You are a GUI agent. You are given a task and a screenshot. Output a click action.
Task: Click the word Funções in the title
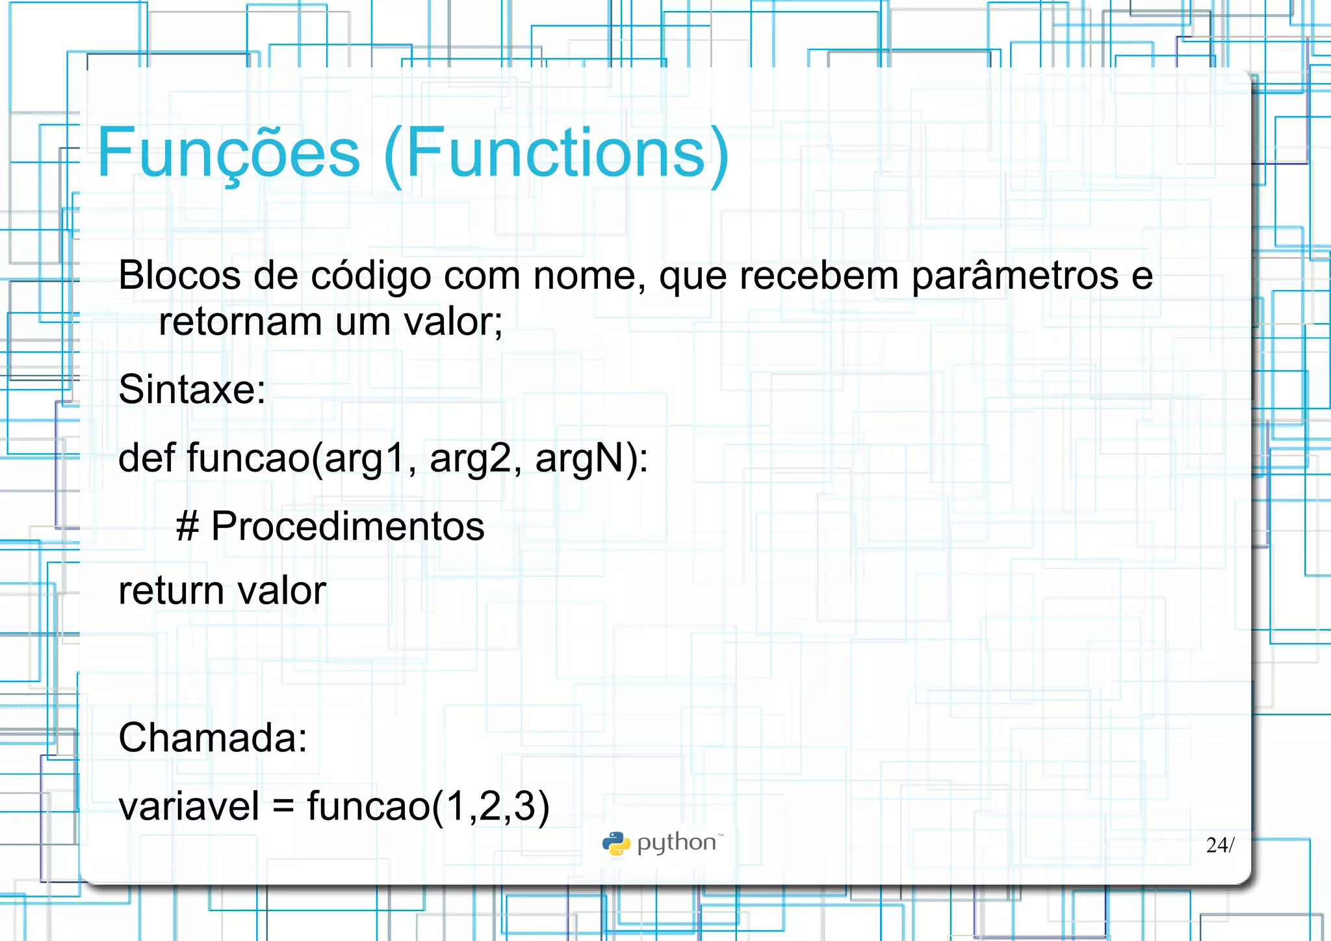228,153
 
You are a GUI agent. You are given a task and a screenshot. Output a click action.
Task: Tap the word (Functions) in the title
556,153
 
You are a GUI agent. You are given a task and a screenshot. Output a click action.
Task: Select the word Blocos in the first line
179,275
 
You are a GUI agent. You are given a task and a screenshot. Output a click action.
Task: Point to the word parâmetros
1015,276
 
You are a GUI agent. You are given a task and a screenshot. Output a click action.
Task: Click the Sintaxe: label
192,390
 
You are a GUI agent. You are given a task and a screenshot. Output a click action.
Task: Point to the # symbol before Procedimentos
187,526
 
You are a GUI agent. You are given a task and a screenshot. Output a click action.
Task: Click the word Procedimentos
348,526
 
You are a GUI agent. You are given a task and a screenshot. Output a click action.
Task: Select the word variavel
188,806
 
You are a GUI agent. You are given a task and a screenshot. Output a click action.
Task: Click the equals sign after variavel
283,807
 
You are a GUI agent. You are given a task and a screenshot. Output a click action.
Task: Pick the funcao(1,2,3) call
428,807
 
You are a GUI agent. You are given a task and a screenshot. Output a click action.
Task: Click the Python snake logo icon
615,843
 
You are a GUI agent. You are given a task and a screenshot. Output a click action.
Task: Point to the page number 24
1217,845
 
